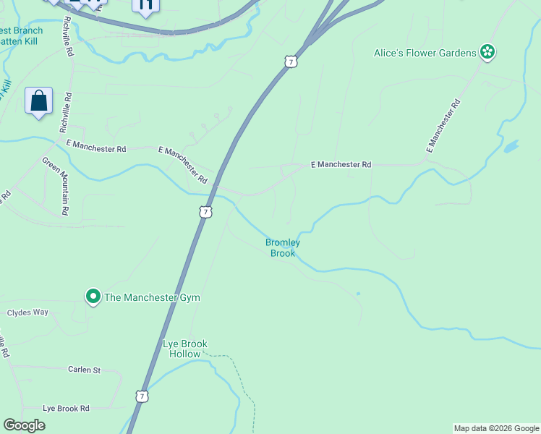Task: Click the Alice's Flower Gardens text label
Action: [425, 52]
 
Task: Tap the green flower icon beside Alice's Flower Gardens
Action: [489, 51]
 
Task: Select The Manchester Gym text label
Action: [152, 297]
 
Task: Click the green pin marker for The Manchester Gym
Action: [93, 297]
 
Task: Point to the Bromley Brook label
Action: [283, 247]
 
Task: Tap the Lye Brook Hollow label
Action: [184, 349]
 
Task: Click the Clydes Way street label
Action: [27, 312]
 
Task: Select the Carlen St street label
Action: [84, 370]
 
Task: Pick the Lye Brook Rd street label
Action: [66, 408]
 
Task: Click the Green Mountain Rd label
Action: [56, 186]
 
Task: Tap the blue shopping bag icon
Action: [39, 101]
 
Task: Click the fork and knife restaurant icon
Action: [145, 6]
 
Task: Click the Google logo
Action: [24, 425]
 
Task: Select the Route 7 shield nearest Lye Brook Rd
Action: [142, 396]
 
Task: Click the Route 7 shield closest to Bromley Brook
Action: [206, 212]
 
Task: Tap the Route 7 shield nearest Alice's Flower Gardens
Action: [290, 61]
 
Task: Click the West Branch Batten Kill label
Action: [22, 36]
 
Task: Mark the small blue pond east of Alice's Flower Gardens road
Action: [511, 146]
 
